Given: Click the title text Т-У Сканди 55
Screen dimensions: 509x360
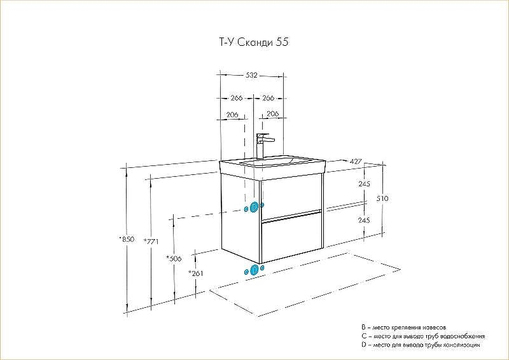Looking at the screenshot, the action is (252, 43).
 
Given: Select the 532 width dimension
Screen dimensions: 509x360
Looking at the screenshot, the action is (251, 75).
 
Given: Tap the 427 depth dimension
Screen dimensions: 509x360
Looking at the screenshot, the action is (356, 162).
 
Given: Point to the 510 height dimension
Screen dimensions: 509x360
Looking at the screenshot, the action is (382, 198).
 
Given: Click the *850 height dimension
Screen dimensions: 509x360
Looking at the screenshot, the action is (127, 240).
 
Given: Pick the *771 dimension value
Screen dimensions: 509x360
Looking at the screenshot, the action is (151, 241).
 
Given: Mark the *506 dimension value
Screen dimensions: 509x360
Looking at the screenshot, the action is (174, 258).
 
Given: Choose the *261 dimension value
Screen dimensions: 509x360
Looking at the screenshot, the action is (196, 273).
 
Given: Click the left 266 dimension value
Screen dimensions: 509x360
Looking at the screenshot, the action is (236, 98).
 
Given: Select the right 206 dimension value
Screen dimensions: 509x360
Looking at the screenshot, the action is (273, 114).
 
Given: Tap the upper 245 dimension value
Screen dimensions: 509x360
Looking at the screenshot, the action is (364, 184).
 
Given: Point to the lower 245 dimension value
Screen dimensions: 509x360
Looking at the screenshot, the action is (364, 221).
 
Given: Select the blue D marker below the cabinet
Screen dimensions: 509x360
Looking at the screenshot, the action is (254, 270).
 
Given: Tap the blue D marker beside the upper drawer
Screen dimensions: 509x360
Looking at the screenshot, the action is (254, 207).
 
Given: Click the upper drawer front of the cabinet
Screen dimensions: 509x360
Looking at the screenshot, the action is (291, 197).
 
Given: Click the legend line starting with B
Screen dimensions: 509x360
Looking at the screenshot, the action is (404, 328).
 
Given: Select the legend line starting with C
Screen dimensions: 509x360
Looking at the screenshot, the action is (423, 336).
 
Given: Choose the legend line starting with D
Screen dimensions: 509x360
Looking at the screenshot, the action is (421, 345).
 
